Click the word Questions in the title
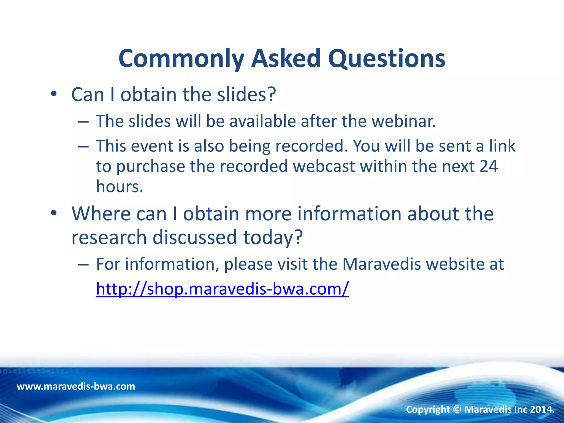[387, 59]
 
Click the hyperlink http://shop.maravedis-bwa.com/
[222, 289]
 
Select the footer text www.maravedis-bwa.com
[76, 386]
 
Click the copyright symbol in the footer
[457, 409]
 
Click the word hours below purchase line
[120, 186]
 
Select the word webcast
[324, 166]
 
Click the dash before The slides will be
[83, 122]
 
